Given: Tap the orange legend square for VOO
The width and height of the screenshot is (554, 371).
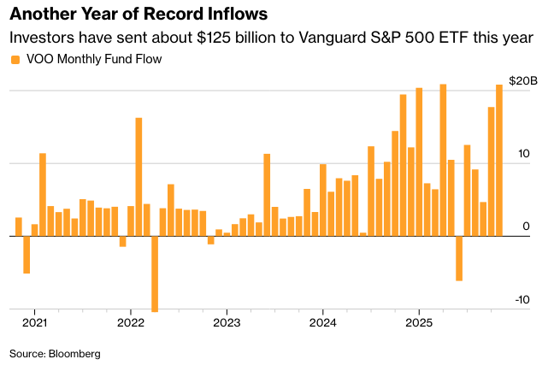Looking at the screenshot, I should [x=15, y=60].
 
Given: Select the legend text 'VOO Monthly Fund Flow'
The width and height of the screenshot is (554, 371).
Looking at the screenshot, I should [x=94, y=60].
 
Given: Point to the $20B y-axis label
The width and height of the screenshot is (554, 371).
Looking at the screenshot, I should [x=522, y=81].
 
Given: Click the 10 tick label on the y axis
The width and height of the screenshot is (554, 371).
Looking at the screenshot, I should [x=523, y=154].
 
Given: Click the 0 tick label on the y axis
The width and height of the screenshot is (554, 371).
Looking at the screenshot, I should [x=526, y=227].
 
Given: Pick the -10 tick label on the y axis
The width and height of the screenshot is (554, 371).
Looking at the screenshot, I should [x=522, y=300].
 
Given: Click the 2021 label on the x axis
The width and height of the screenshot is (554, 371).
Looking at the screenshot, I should [x=34, y=323].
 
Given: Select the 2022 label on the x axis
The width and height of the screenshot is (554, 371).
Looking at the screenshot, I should [x=130, y=323].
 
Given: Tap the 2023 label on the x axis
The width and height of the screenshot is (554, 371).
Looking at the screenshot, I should [x=226, y=323].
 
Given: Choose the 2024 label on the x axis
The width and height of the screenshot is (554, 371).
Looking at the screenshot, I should [x=322, y=323].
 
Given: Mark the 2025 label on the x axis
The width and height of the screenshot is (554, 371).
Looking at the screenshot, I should [x=418, y=323].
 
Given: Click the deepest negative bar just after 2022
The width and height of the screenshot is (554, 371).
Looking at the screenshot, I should [x=155, y=274].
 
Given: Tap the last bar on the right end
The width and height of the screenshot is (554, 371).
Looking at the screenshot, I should [x=499, y=161].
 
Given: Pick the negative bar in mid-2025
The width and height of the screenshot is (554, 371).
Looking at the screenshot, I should [x=459, y=258].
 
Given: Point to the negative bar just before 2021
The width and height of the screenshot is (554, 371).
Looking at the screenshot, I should [x=27, y=255].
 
